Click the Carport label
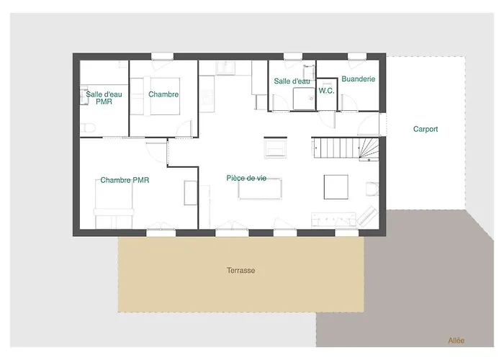coord(426,129)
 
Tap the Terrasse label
coord(240,270)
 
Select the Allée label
coord(456,341)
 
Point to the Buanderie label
coord(358,78)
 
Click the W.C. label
coord(326,91)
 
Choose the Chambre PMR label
coord(125,180)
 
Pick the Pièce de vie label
coord(246,178)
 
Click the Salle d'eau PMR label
coord(104,98)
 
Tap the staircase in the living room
coord(345,148)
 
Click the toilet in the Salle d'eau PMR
coord(87,128)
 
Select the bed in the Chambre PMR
coord(114,204)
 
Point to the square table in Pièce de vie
coord(336,187)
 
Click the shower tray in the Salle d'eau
coord(304,99)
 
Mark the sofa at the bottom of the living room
coord(333,220)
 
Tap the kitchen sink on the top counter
coord(225,68)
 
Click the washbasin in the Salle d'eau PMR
coord(84,95)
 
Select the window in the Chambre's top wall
coord(162,57)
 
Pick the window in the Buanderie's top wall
coord(357,57)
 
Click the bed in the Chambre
coord(155,96)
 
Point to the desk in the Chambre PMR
coord(191,193)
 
